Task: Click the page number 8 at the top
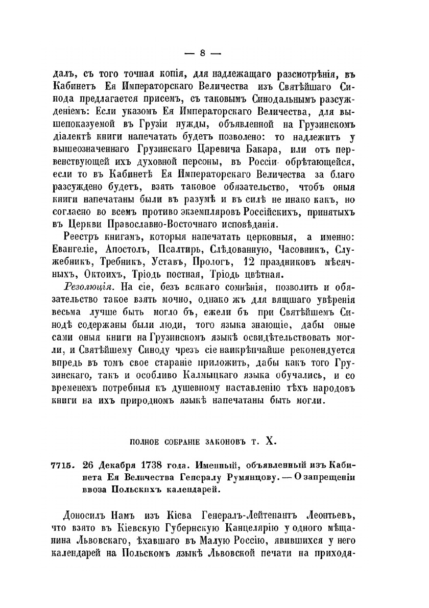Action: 203,53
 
